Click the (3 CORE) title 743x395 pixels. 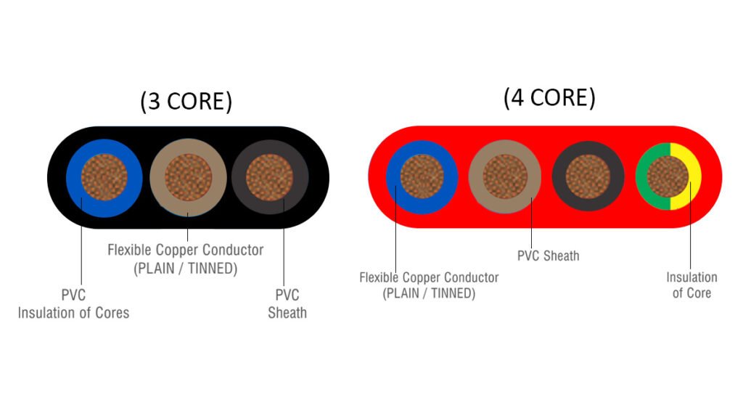click(186, 102)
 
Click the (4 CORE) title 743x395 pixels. click(549, 98)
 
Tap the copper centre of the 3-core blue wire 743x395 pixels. click(103, 178)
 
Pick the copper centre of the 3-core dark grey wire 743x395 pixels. click(269, 178)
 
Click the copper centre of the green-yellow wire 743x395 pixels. click(668, 176)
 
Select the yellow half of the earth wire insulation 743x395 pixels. click(694, 176)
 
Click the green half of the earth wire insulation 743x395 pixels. click(642, 176)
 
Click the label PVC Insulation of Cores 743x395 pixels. click(73, 304)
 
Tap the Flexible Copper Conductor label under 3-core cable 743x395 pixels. click(185, 258)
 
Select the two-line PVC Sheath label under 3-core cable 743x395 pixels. click(287, 304)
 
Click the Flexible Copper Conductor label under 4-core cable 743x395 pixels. click(429, 285)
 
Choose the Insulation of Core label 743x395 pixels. click(691, 285)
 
